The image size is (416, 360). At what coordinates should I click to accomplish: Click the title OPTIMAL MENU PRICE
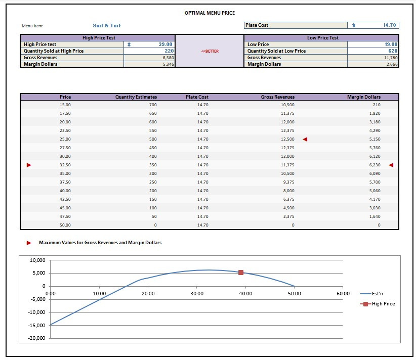tap(210, 13)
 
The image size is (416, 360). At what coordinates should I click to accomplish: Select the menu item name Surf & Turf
tap(107, 25)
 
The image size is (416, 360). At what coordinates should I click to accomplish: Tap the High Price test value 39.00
tap(164, 44)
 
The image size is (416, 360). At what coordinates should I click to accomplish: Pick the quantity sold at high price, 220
tap(169, 51)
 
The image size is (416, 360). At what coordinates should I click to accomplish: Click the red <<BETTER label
tap(210, 51)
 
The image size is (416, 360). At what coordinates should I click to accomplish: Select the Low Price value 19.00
tap(391, 44)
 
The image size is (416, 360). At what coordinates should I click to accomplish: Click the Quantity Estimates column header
tap(136, 97)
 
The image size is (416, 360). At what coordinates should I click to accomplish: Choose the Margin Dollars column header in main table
tap(364, 97)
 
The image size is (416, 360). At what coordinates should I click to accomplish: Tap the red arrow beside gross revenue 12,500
tap(305, 139)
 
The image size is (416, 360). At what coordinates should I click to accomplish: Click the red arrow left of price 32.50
tap(29, 165)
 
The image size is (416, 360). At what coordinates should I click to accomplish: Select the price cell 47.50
tap(65, 216)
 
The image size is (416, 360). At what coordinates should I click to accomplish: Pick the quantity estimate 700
tap(153, 105)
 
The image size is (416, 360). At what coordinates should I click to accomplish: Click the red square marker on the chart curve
tap(241, 273)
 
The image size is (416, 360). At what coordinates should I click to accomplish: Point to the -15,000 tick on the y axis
tap(37, 325)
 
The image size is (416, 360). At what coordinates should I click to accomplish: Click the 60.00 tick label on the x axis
tap(343, 293)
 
